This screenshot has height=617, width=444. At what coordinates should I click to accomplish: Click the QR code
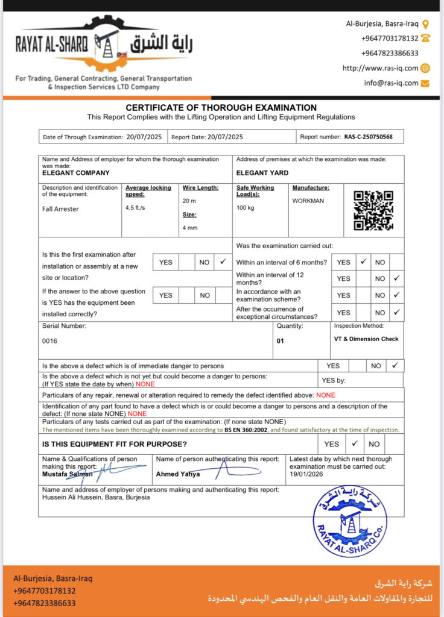point(373,210)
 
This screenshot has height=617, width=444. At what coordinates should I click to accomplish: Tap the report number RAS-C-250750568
point(369,137)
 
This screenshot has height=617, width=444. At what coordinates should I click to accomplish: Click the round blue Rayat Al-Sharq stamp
point(350,521)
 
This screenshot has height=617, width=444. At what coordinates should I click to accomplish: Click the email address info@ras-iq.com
point(391,83)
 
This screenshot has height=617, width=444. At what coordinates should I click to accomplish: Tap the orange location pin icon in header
point(425,24)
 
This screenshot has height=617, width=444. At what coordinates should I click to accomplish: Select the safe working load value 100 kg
point(245,208)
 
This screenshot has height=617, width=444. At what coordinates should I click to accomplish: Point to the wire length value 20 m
point(190,200)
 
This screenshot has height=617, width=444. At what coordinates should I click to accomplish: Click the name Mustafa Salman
point(63,474)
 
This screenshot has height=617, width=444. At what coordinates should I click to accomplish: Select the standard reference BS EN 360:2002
point(246,430)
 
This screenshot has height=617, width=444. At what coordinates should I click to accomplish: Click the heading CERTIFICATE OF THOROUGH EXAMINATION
point(221,108)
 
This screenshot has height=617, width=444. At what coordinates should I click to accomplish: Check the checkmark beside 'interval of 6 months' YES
point(363,262)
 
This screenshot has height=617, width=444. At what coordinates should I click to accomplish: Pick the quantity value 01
point(281,341)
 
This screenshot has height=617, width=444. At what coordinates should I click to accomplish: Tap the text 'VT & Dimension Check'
point(366,339)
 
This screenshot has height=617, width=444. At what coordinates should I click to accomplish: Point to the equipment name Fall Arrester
point(60,209)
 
